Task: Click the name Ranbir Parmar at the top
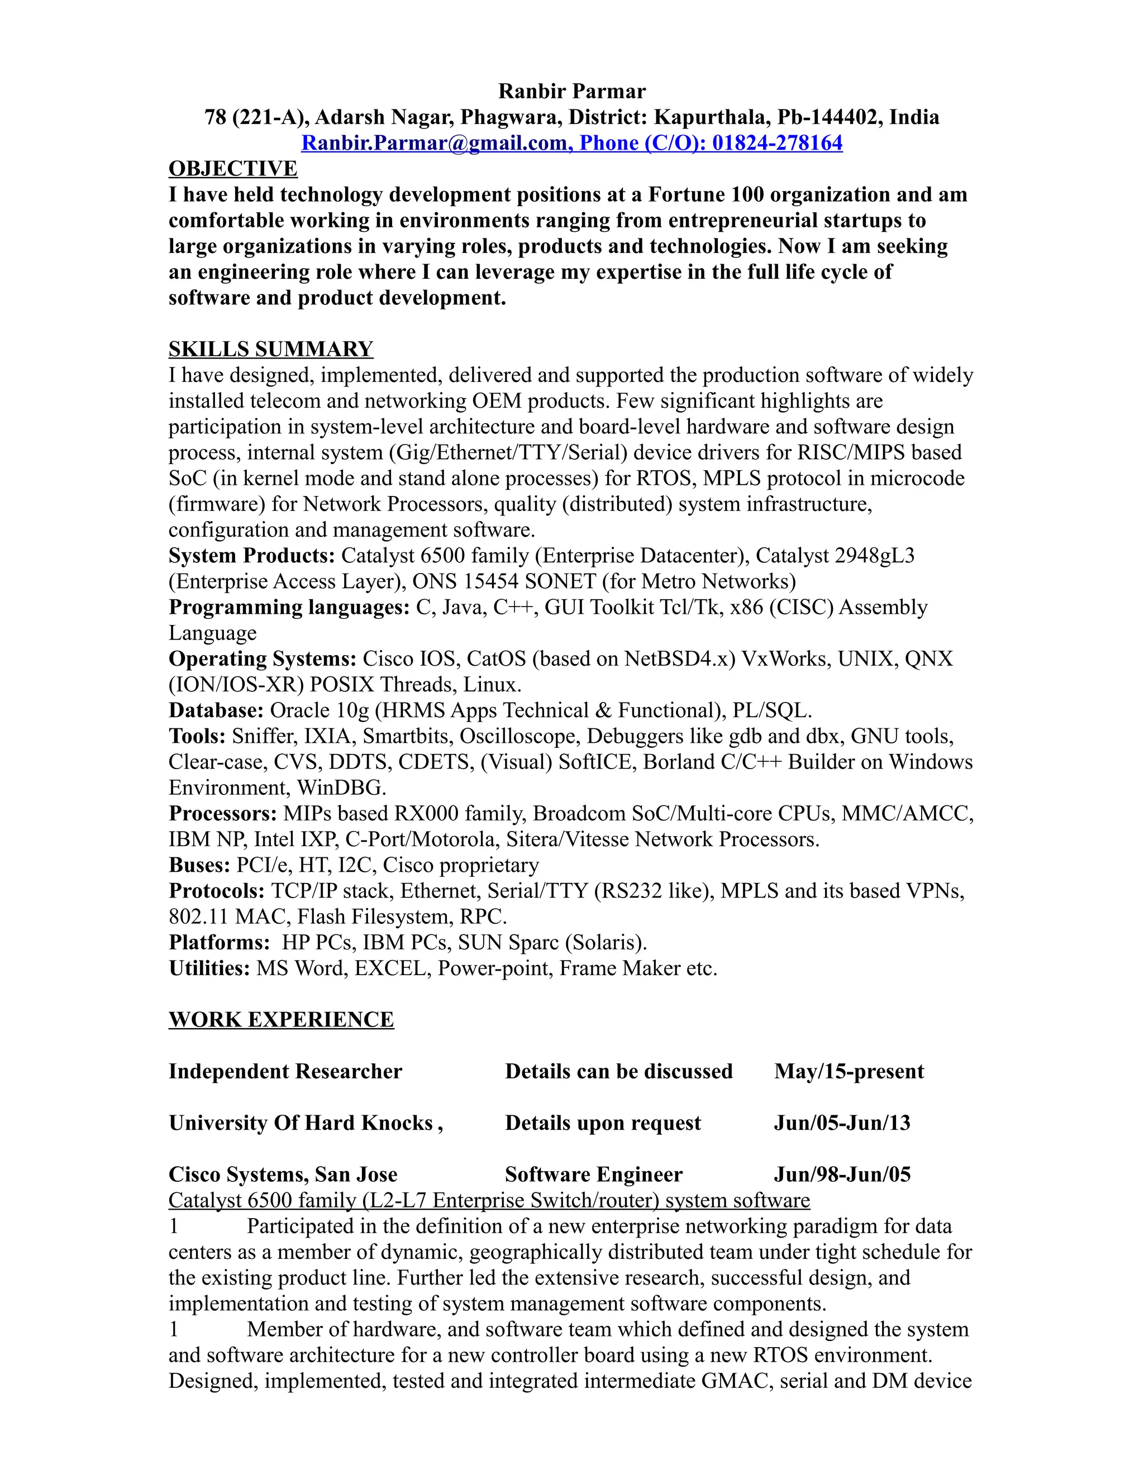click(571, 91)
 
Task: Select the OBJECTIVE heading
click(232, 169)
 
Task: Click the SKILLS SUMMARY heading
click(270, 349)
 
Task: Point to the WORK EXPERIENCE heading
click(280, 1020)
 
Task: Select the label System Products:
click(251, 556)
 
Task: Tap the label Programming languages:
click(289, 607)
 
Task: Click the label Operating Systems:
click(263, 658)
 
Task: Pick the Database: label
click(216, 710)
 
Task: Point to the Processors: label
click(222, 813)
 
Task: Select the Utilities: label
click(209, 968)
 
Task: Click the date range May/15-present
click(849, 1071)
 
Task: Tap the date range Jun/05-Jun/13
click(842, 1123)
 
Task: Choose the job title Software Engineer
click(593, 1175)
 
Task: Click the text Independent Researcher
click(285, 1071)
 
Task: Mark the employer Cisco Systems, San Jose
click(283, 1175)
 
